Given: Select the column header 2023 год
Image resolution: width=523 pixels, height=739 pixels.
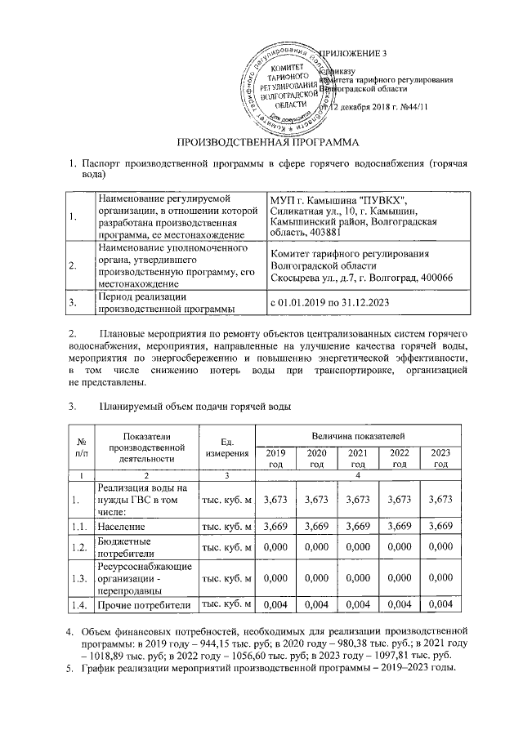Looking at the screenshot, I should [x=440, y=458].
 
